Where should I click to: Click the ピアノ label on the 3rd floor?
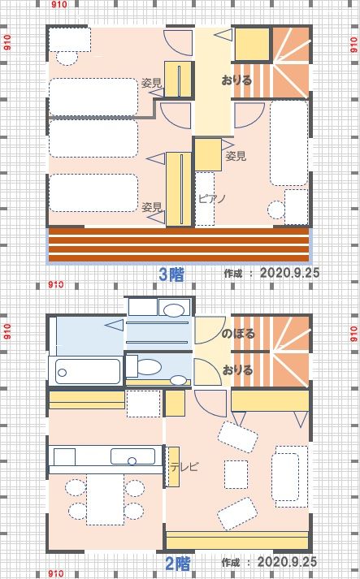click(x=212, y=199)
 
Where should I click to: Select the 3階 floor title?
click(x=171, y=274)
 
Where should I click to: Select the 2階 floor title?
click(x=177, y=564)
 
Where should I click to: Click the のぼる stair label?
click(x=238, y=334)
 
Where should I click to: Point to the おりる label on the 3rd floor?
click(x=237, y=80)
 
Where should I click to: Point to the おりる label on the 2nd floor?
click(x=237, y=369)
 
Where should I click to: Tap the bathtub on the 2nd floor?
click(x=88, y=371)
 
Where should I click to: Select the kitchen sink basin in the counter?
click(x=132, y=456)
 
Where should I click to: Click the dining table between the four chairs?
click(x=106, y=499)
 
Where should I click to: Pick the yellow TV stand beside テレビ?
click(x=173, y=467)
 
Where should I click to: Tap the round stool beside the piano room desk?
click(x=276, y=210)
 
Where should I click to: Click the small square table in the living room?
click(x=236, y=474)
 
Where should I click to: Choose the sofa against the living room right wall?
click(x=290, y=477)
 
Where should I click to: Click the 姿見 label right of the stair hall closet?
click(x=236, y=156)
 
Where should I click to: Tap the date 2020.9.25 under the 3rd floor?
click(x=289, y=273)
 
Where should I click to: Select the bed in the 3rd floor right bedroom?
click(x=289, y=143)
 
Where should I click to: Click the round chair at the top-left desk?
click(x=67, y=57)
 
